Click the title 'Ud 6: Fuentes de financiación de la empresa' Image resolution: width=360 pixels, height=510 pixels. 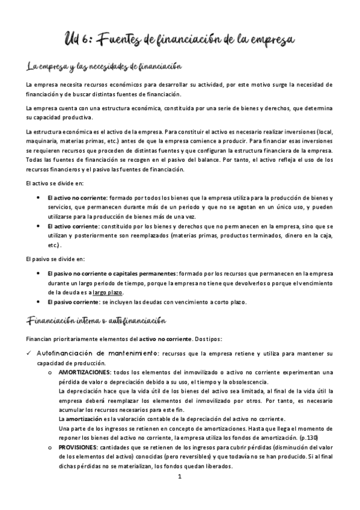click(180, 39)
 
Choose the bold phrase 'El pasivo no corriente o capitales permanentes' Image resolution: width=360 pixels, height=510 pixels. click(111, 274)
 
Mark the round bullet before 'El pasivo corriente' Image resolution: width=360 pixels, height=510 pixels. click(38, 302)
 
